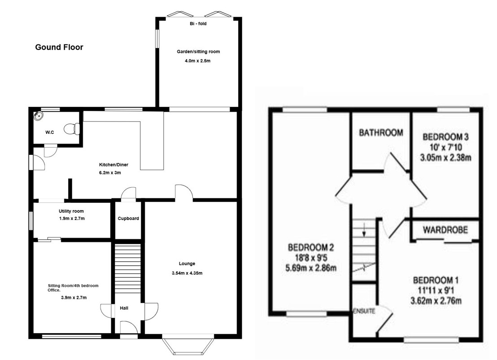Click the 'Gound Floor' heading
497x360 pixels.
[59, 47]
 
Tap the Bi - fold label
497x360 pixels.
[198, 23]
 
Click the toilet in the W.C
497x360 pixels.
[72, 129]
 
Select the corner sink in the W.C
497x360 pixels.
[39, 116]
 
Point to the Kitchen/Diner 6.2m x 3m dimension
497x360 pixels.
[110, 173]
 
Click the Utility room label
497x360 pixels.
[71, 211]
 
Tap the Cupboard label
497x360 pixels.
[128, 219]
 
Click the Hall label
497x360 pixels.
[124, 308]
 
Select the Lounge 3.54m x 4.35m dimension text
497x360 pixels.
[187, 273]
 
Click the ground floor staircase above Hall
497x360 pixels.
[127, 268]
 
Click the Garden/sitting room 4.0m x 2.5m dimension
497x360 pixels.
[198, 61]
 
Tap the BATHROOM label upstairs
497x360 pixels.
[381, 132]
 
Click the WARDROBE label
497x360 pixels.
[445, 230]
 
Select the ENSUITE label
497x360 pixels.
[364, 311]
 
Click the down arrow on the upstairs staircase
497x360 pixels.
[364, 230]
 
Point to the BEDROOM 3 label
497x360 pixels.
[446, 137]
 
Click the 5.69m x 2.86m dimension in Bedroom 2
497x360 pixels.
[311, 268]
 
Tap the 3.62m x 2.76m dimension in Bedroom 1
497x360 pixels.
[436, 301]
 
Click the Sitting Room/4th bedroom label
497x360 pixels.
[73, 285]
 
